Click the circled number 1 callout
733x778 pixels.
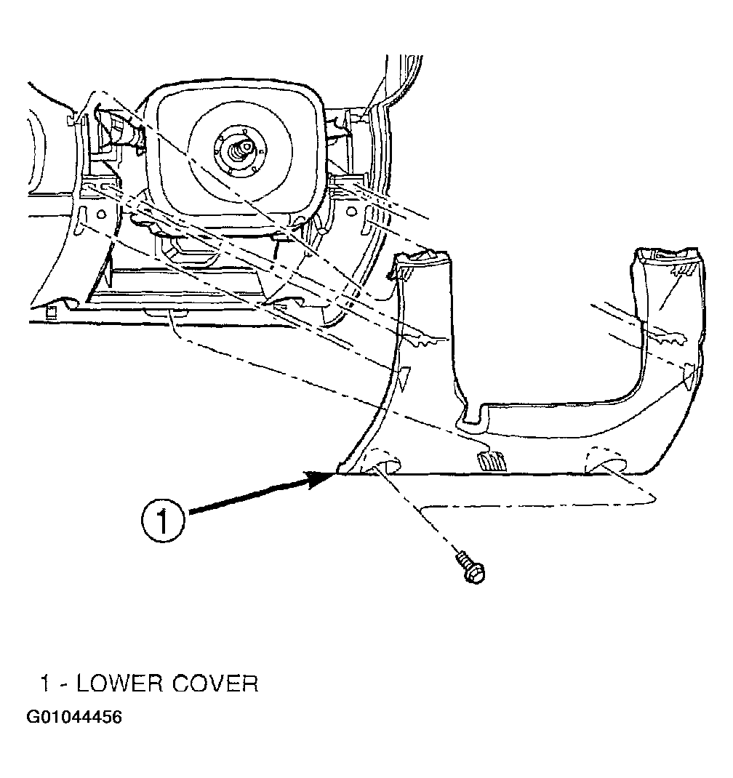coord(163,521)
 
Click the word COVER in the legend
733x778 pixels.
coord(215,683)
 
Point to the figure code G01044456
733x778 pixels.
coord(73,717)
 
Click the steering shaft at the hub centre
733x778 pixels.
coord(241,149)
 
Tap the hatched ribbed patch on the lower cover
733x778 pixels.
coord(492,461)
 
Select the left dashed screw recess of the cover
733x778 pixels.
coord(382,460)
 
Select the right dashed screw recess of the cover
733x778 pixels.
coord(606,460)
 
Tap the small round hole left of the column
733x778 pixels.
coord(101,214)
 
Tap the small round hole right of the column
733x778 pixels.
coord(351,212)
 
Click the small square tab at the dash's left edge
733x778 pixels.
coord(49,312)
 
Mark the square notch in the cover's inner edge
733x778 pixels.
coord(475,414)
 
